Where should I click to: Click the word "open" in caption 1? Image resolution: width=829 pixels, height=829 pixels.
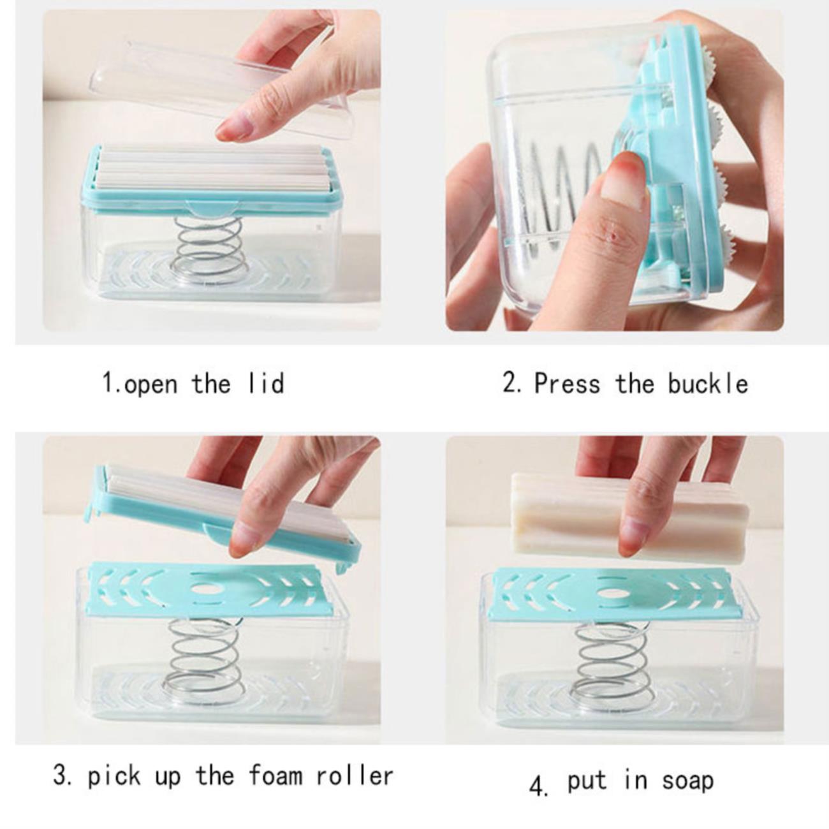pyautogui.click(x=151, y=384)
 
